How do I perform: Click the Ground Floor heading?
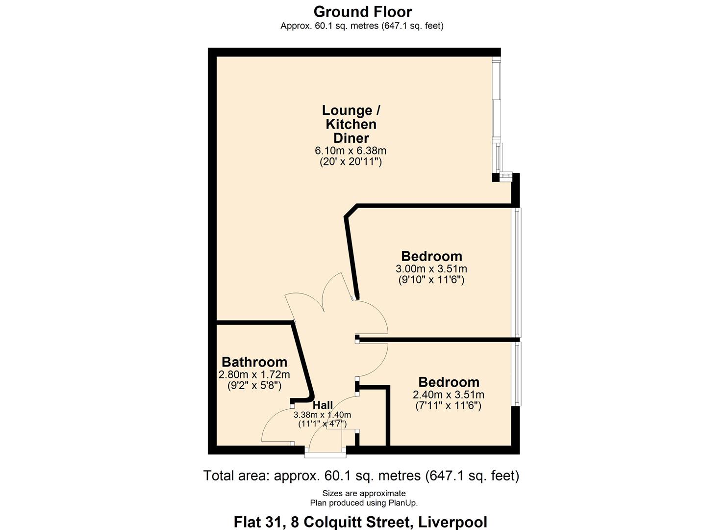(x=363, y=12)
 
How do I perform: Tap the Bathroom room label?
(x=254, y=362)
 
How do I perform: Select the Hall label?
(x=323, y=405)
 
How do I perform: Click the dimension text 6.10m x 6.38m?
(x=351, y=151)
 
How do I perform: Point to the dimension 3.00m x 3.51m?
(x=431, y=269)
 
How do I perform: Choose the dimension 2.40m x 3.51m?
(x=449, y=395)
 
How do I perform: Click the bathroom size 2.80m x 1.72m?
(x=254, y=375)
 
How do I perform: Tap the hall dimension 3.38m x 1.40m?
(x=323, y=415)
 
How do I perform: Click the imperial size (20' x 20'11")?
(x=351, y=162)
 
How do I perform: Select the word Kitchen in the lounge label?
(x=351, y=124)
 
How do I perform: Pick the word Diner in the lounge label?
(x=351, y=138)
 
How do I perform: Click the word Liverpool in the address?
(x=452, y=522)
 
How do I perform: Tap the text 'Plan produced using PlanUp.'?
(x=364, y=503)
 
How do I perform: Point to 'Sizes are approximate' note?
(x=364, y=493)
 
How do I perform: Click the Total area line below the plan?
(x=361, y=476)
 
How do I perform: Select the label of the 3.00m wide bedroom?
(x=431, y=256)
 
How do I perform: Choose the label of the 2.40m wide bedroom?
(x=449, y=382)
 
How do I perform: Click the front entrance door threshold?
(x=326, y=455)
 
